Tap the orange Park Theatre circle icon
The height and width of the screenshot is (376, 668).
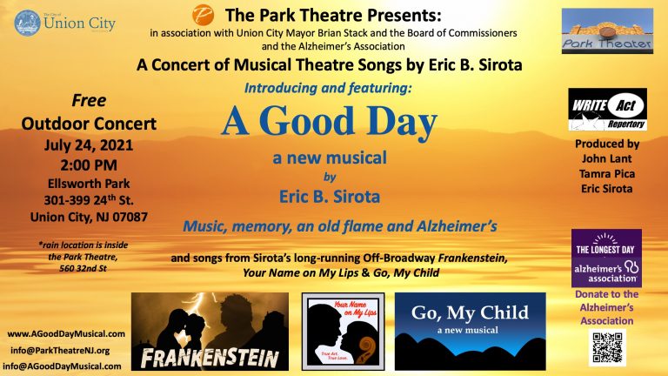point(202,15)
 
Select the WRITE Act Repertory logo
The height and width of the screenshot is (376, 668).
point(607,109)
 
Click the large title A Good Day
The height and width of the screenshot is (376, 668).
point(328,122)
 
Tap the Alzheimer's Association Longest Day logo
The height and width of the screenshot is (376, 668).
point(606,258)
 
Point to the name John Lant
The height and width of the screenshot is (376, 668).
point(607,158)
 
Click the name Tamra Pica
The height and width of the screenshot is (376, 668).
point(607,172)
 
